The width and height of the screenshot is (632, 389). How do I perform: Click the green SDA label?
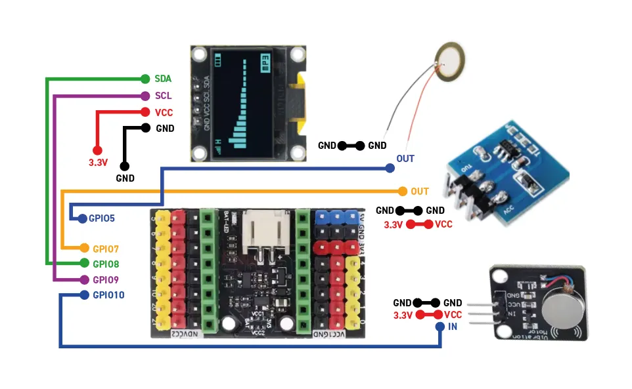coord(163,79)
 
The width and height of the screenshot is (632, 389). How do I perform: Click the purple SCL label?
coord(163,96)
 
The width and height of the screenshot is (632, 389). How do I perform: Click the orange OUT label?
coord(420,192)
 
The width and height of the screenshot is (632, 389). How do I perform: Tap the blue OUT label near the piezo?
coord(405,159)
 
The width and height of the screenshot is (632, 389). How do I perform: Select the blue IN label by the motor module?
coord(453,327)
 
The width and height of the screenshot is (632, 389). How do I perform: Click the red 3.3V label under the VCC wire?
coord(99,161)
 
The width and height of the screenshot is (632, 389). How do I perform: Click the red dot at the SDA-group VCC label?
coord(145,113)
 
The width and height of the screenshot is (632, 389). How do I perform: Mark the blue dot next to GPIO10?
coord(84,295)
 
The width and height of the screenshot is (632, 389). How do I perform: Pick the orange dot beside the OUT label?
coord(403,192)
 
